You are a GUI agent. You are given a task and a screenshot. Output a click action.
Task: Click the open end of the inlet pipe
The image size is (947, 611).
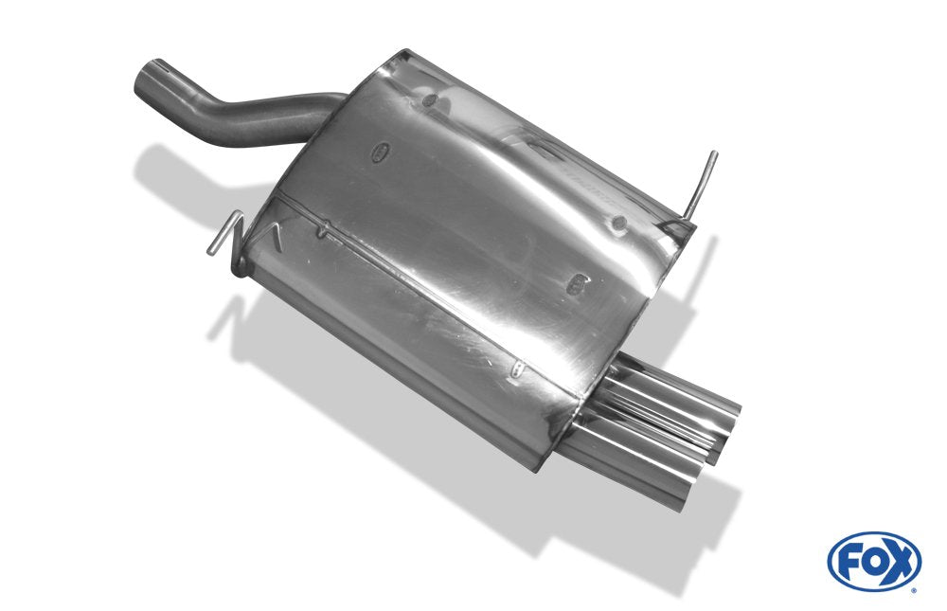150,79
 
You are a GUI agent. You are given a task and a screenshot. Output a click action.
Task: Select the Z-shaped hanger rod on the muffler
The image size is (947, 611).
229,242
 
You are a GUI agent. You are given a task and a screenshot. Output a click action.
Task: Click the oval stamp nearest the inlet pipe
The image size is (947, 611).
381,153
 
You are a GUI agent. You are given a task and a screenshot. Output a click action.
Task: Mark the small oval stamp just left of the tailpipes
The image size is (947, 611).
517,368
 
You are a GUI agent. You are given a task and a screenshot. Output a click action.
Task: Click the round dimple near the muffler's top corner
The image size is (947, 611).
429,100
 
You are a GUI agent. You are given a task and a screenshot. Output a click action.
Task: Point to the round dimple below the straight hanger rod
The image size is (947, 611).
618,223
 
